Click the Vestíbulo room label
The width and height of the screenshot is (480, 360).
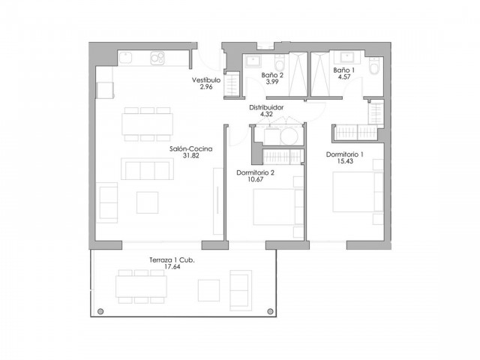(x=205, y=79)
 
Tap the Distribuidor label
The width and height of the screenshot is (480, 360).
(x=266, y=108)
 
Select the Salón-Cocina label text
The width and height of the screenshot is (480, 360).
(x=191, y=149)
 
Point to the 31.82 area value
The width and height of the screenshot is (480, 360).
(x=191, y=157)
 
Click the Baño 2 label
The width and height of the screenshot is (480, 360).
(x=272, y=75)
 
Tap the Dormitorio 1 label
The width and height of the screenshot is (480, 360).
(x=345, y=154)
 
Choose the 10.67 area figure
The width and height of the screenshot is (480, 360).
(x=255, y=180)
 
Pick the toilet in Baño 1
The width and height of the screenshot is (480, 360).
(x=374, y=70)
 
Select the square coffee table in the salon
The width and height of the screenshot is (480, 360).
(x=147, y=202)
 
